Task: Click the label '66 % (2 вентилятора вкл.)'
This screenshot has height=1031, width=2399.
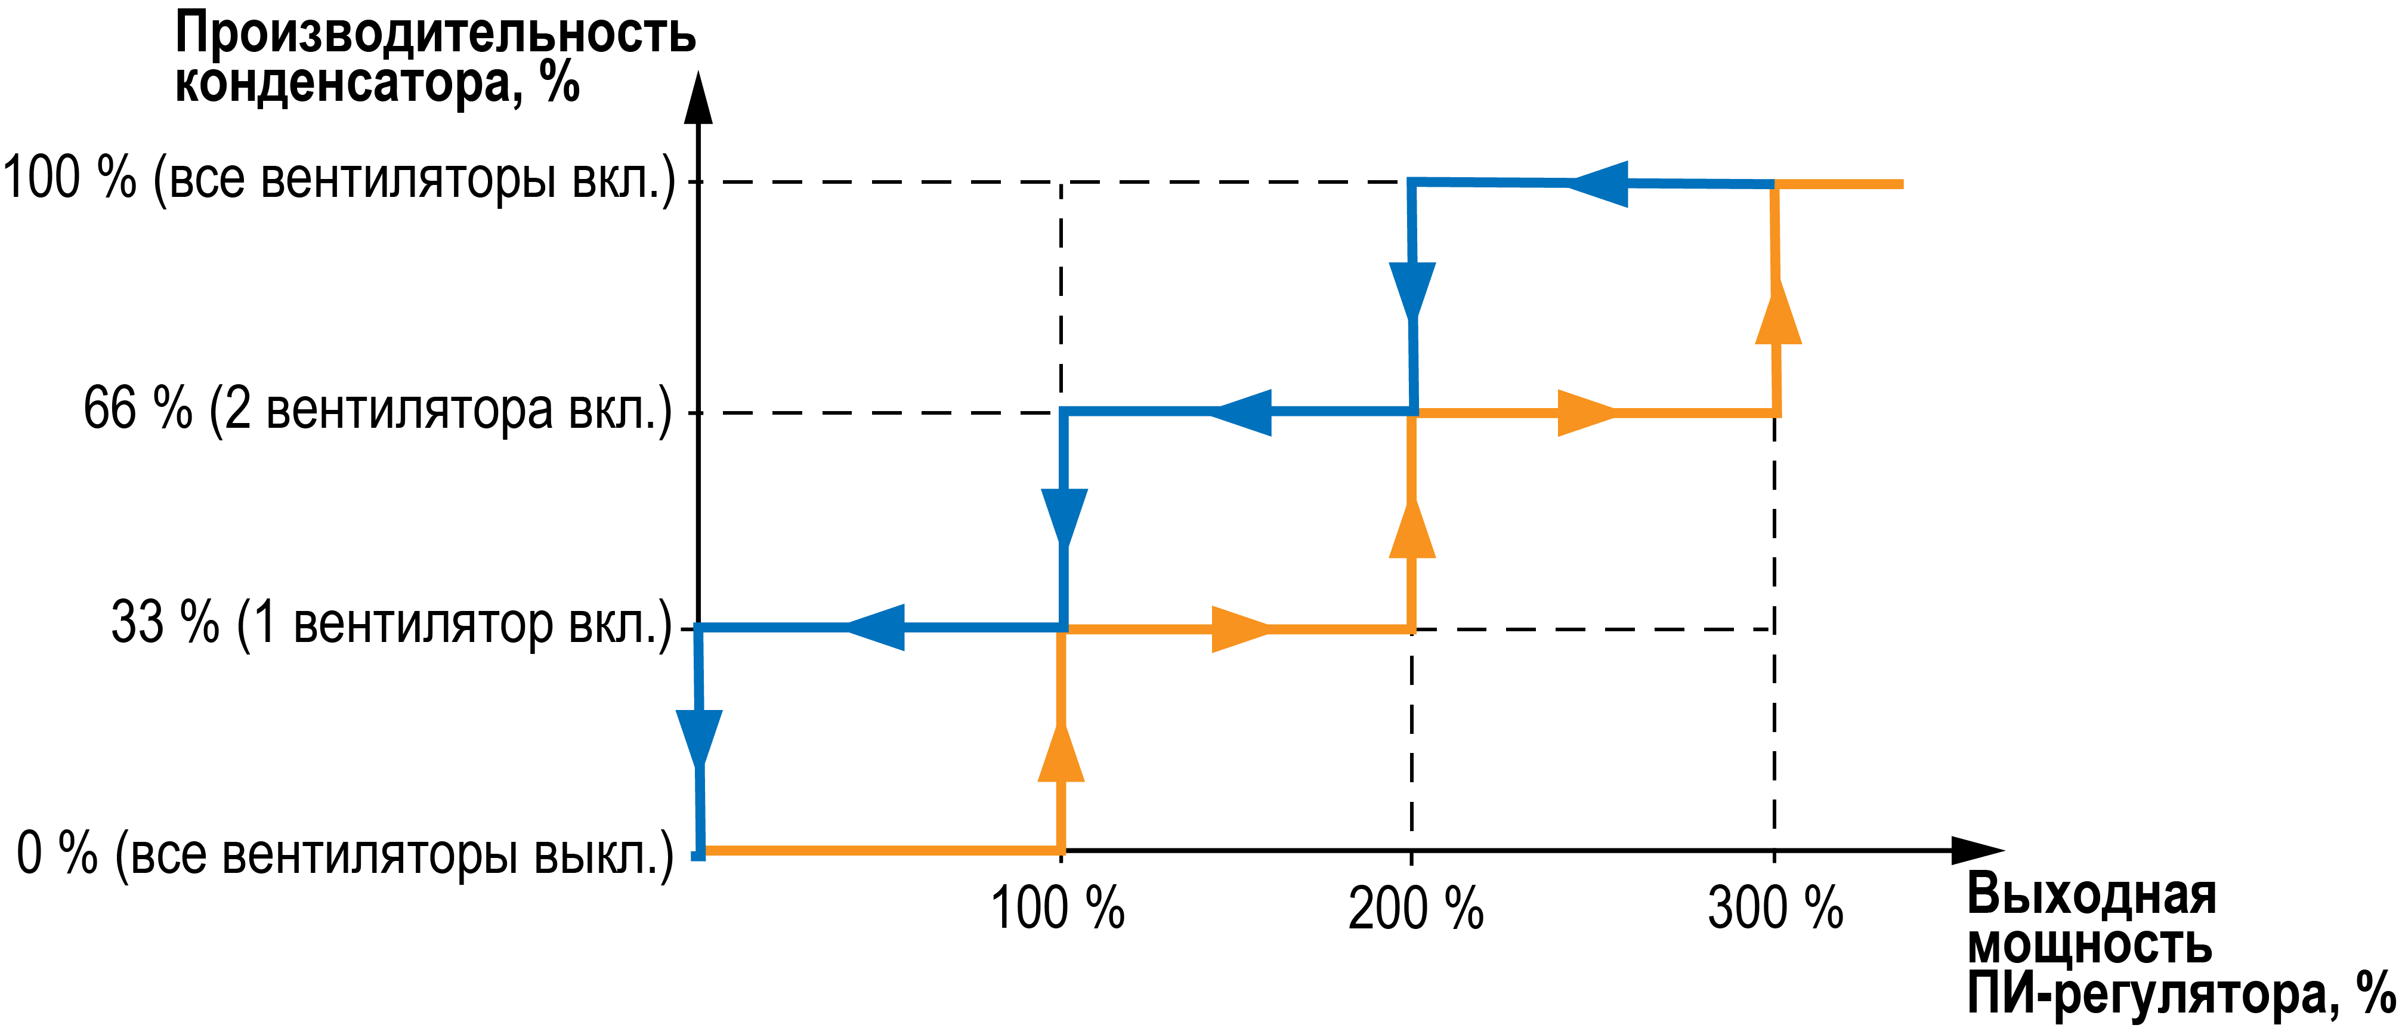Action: point(377,410)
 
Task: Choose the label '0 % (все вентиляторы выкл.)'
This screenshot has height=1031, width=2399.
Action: point(345,853)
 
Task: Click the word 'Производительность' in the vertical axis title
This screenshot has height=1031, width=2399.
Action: point(435,33)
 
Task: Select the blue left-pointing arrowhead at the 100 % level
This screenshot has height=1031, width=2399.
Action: point(1600,184)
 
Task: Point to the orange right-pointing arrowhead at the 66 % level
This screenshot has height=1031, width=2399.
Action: point(1585,413)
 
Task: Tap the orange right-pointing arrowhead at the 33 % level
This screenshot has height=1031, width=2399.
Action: point(1239,629)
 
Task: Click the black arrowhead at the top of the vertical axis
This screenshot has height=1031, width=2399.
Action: point(698,98)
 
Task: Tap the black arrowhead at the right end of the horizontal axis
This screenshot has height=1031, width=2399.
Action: point(1976,850)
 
